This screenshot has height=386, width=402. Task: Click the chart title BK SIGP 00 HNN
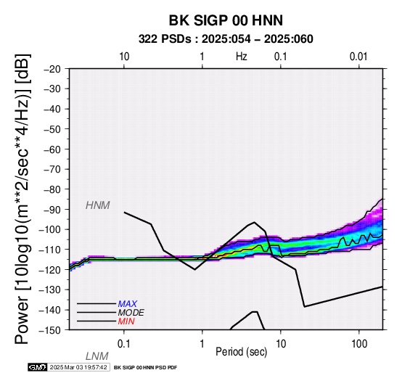click(x=226, y=20)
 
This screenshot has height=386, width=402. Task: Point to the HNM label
click(x=98, y=205)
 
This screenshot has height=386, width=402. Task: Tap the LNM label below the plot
click(x=97, y=356)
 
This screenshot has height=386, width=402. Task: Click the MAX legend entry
click(x=128, y=304)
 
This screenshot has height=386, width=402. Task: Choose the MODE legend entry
click(x=131, y=313)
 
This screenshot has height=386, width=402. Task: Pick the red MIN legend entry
click(x=126, y=321)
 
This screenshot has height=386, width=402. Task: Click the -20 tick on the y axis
click(x=52, y=69)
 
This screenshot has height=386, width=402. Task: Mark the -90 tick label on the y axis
click(x=52, y=210)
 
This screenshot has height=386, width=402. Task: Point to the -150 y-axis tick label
click(x=50, y=330)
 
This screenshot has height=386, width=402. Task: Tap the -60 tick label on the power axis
click(x=52, y=149)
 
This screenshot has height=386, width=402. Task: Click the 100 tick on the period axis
click(x=359, y=344)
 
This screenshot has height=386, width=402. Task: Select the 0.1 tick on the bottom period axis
click(x=124, y=344)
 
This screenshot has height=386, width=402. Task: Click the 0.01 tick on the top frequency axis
click(x=358, y=57)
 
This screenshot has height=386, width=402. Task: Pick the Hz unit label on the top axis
click(x=241, y=57)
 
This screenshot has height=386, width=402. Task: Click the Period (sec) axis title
click(x=241, y=352)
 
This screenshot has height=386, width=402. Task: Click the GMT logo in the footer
click(x=37, y=367)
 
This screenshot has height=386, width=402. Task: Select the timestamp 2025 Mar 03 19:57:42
click(x=78, y=367)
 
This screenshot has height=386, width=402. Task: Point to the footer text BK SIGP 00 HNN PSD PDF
click(x=145, y=368)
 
